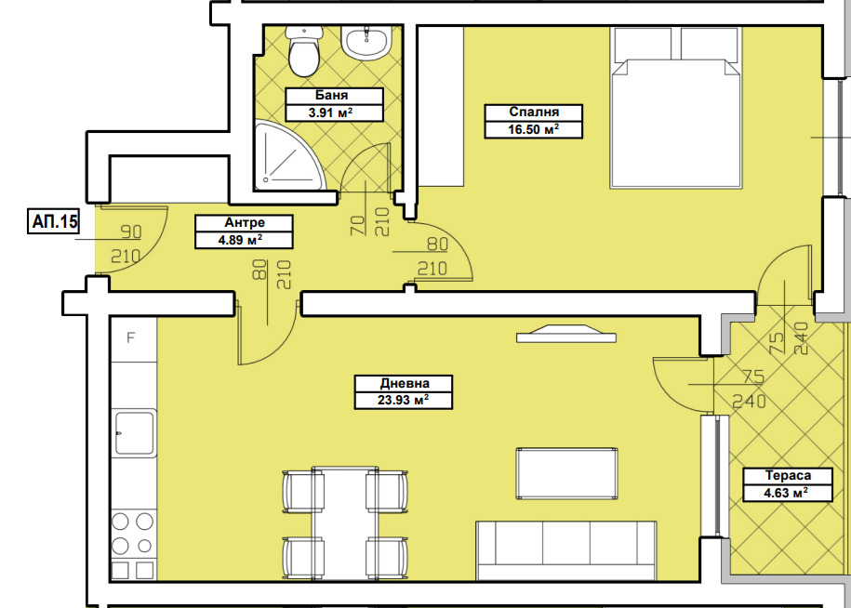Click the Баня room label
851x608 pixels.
332,96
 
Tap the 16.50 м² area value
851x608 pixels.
534,129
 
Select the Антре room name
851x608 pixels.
245,222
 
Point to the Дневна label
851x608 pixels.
405,383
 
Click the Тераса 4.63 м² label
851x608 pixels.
788,483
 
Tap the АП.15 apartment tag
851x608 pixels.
54,221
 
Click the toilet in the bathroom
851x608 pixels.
304,51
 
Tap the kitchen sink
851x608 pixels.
134,432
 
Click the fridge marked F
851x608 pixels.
134,339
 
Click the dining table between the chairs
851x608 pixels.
345,522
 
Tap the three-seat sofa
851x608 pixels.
566,550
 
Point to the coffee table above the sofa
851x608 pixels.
566,473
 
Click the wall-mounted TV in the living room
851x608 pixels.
566,334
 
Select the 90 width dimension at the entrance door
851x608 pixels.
131,232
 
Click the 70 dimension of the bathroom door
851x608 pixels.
358,225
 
